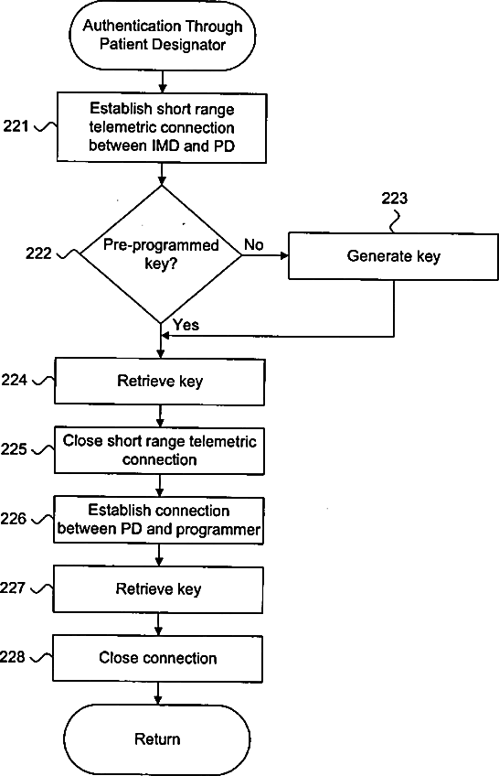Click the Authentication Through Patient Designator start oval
[162, 36]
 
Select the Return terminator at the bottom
[157, 739]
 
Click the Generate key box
[393, 256]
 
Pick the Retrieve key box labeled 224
[160, 382]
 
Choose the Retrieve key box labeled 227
[158, 589]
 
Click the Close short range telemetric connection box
[159, 451]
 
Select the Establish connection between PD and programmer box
[159, 520]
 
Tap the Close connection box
[157, 658]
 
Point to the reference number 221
[16, 126]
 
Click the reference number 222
[38, 253]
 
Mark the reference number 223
[394, 199]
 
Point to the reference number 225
[14, 449]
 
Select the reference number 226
[13, 519]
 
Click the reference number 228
[13, 657]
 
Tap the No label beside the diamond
[254, 244]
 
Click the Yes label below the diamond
[186, 325]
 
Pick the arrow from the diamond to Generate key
[265, 255]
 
